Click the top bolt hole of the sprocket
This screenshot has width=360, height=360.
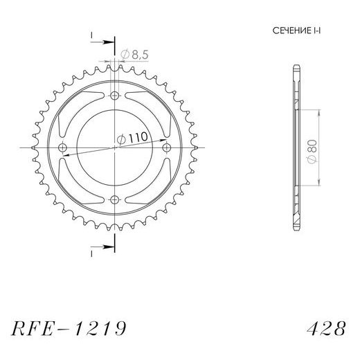click(x=114, y=96)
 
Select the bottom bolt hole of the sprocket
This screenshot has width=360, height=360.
click(x=114, y=199)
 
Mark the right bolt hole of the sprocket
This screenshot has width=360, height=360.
click(x=165, y=148)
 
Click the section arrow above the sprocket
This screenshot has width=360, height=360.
click(x=104, y=43)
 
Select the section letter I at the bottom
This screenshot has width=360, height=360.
click(x=91, y=254)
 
